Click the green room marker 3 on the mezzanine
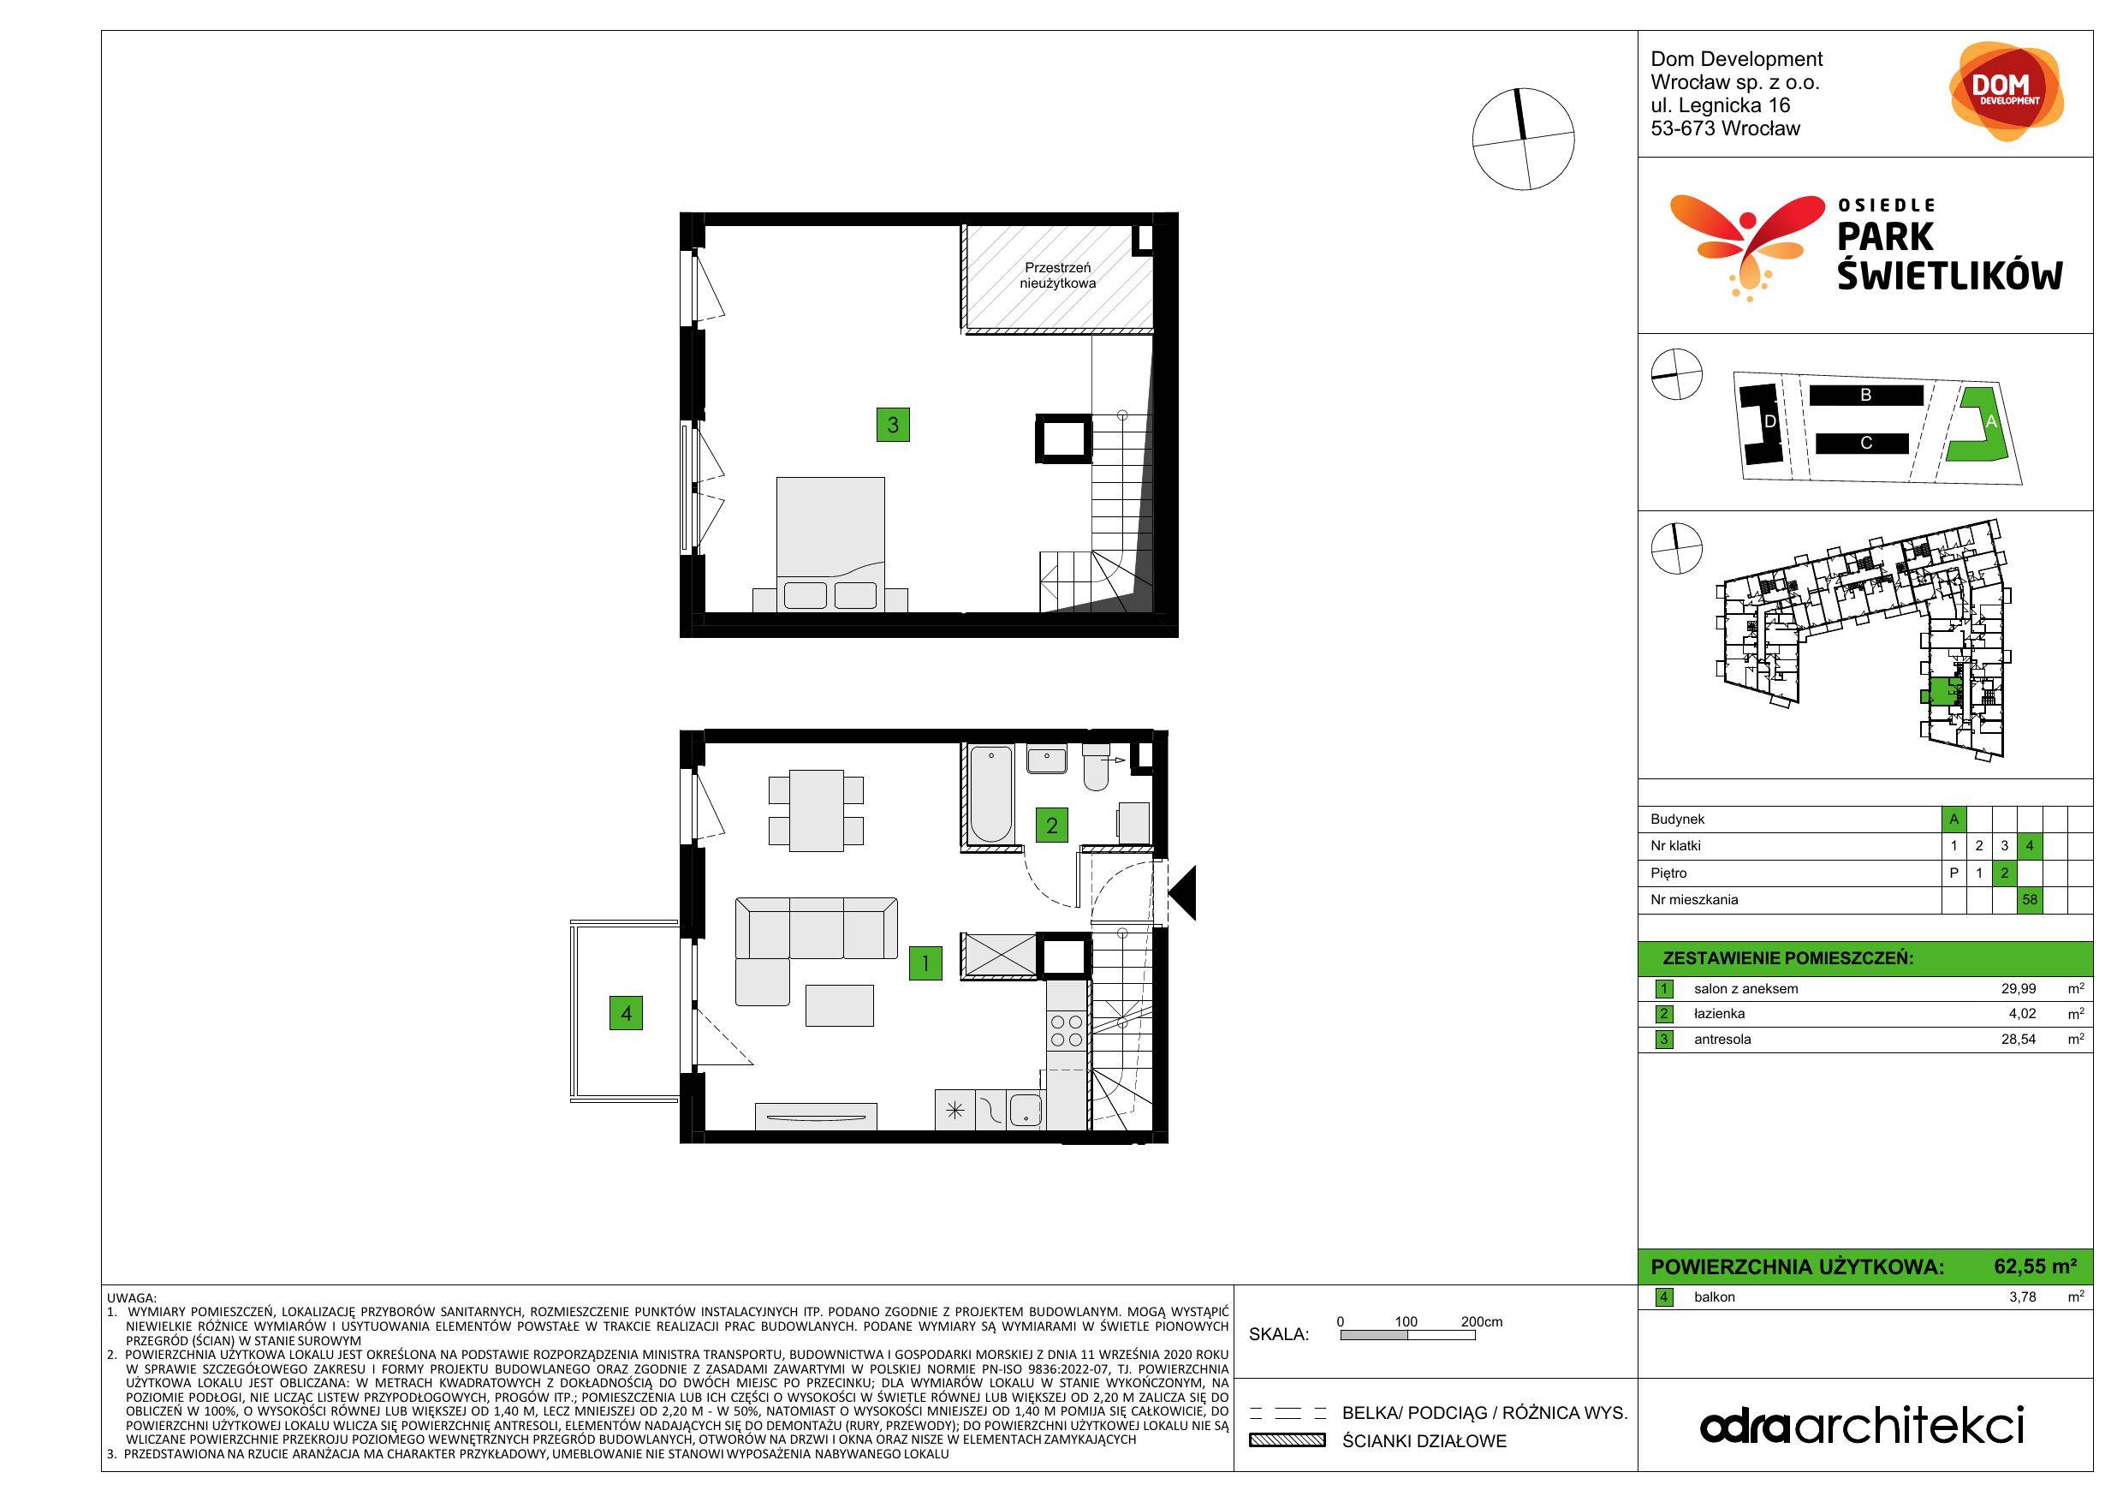pyautogui.click(x=892, y=425)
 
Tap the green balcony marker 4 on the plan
pyautogui.click(x=626, y=1013)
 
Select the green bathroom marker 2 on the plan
pyautogui.click(x=1051, y=825)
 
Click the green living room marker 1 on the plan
pyautogui.click(x=925, y=963)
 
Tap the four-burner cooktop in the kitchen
pyautogui.click(x=1066, y=1031)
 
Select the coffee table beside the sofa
pyautogui.click(x=840, y=1005)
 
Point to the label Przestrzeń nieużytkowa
pyautogui.click(x=1058, y=276)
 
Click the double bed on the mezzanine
pyautogui.click(x=830, y=545)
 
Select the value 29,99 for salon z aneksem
pyautogui.click(x=2019, y=989)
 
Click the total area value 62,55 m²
pyautogui.click(x=2035, y=1267)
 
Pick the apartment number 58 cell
pyautogui.click(x=2030, y=900)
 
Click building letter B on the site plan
pyautogui.click(x=1866, y=395)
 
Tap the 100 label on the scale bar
pyautogui.click(x=1406, y=1321)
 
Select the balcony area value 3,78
pyautogui.click(x=2022, y=1296)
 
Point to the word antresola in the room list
pyautogui.click(x=1722, y=1040)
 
